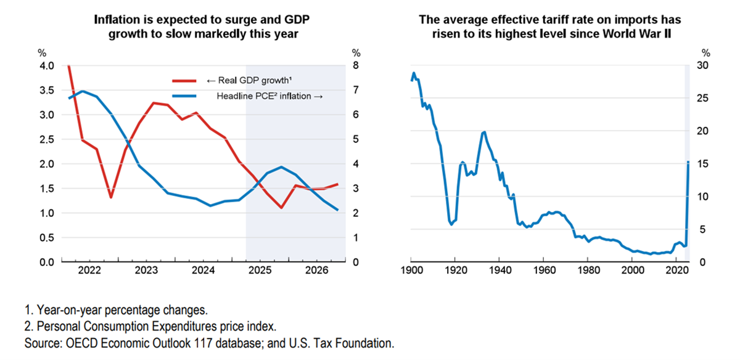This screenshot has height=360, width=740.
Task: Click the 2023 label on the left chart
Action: point(146,271)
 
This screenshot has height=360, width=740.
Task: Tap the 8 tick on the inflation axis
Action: point(356,66)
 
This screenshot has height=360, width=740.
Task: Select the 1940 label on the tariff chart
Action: point(499,271)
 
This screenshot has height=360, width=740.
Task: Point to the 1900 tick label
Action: point(411,271)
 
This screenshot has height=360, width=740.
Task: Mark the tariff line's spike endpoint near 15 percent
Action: point(688,162)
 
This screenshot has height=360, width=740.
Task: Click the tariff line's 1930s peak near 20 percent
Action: point(484,131)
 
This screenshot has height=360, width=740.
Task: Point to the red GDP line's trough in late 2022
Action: point(110,198)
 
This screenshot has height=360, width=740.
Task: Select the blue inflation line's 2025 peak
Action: point(281,167)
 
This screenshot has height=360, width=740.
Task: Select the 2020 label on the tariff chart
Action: point(676,271)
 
